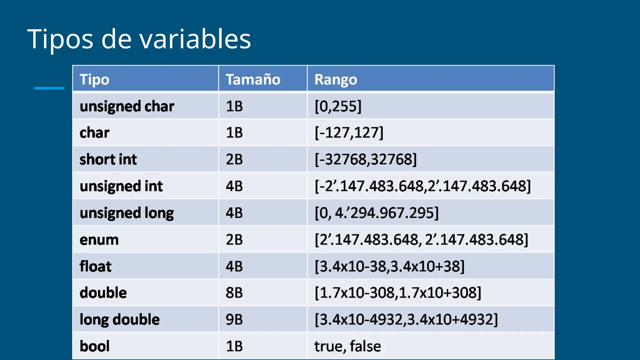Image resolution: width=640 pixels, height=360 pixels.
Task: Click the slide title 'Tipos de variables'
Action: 139,39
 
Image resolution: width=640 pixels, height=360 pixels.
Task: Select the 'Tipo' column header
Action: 94,79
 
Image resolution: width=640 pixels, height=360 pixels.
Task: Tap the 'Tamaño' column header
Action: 253,79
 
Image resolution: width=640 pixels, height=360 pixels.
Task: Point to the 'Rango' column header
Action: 336,79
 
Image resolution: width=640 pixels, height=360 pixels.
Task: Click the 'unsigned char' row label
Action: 127,106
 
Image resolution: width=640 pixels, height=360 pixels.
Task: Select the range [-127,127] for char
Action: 349,132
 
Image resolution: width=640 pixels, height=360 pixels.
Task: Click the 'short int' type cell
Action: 108,159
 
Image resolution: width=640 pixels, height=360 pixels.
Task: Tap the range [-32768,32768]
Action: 366,159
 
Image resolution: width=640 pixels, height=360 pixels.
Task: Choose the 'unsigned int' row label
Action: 121,186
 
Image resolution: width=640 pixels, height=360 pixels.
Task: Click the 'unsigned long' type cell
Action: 127,213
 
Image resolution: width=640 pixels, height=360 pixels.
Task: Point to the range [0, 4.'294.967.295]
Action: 377,213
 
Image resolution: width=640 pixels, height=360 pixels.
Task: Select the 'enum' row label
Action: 99,240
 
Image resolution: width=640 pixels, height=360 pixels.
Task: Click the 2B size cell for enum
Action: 234,240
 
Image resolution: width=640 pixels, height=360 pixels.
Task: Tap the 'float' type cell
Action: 95,267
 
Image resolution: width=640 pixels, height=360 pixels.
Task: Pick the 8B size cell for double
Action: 234,293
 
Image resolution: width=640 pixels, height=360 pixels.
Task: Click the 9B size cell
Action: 234,320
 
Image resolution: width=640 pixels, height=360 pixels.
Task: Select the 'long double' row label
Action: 119,320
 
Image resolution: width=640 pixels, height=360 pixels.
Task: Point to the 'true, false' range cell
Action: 347,346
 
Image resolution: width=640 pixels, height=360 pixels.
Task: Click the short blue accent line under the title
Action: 49,88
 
